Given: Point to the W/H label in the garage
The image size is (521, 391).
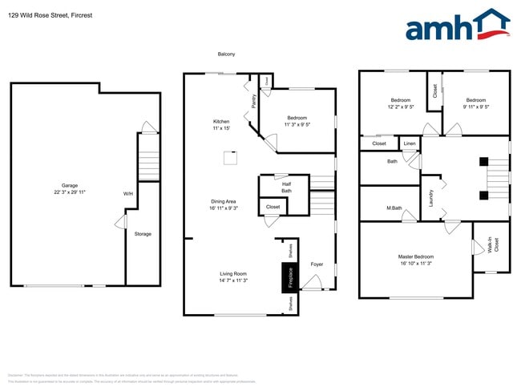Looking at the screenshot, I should click(128, 194).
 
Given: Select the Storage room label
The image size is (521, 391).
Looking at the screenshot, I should click(143, 234).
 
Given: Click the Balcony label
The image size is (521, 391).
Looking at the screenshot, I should click(227, 54).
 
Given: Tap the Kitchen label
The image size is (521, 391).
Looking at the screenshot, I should click(220, 122).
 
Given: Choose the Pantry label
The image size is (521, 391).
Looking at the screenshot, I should click(254, 101).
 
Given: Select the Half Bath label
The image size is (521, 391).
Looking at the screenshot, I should click(286, 187).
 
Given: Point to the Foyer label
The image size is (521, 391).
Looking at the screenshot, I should click(317, 264).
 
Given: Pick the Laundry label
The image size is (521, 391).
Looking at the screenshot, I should click(431, 198).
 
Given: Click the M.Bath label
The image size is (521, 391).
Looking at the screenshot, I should click(394, 209).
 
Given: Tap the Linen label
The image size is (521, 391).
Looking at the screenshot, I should click(410, 144).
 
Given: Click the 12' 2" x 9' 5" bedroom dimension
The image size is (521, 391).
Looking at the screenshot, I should click(400, 107).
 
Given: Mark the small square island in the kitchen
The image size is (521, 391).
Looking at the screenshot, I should click(231, 157).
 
